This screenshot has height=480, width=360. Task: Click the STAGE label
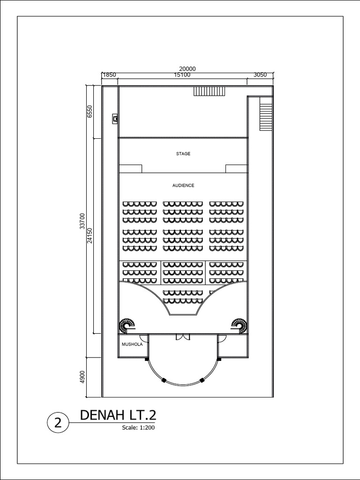pos(183,154)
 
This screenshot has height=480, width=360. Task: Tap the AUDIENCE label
pos(183,186)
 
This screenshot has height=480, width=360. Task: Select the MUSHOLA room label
pos(132,344)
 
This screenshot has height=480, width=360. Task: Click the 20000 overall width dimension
pos(187,68)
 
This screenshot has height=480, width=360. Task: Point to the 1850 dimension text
pos(109,75)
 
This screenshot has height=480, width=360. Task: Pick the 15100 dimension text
pos(182,75)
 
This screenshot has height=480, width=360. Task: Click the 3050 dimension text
pos(260,75)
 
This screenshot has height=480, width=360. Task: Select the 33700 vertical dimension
pos(82,220)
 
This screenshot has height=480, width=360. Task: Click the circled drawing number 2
pos(58,423)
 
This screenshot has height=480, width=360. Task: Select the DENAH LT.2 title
pos(118,415)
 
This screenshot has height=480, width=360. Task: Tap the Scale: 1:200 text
pos(138,427)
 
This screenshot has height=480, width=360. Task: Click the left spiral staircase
pos(127,325)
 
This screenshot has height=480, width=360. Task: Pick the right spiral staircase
pos(239,325)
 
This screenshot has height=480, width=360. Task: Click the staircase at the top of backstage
pos(210,91)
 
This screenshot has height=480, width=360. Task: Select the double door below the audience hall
pos(182,337)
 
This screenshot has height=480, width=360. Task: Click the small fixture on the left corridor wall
pos(115,119)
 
